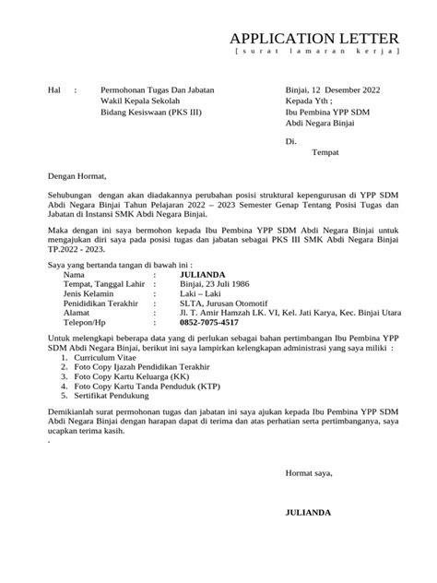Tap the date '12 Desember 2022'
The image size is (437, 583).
tap(343, 92)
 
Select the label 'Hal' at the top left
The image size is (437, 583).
tap(53, 92)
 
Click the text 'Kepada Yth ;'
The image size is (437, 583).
tap(311, 103)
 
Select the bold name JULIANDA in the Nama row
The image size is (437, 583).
tap(206, 274)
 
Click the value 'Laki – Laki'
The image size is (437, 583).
tap(203, 295)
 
